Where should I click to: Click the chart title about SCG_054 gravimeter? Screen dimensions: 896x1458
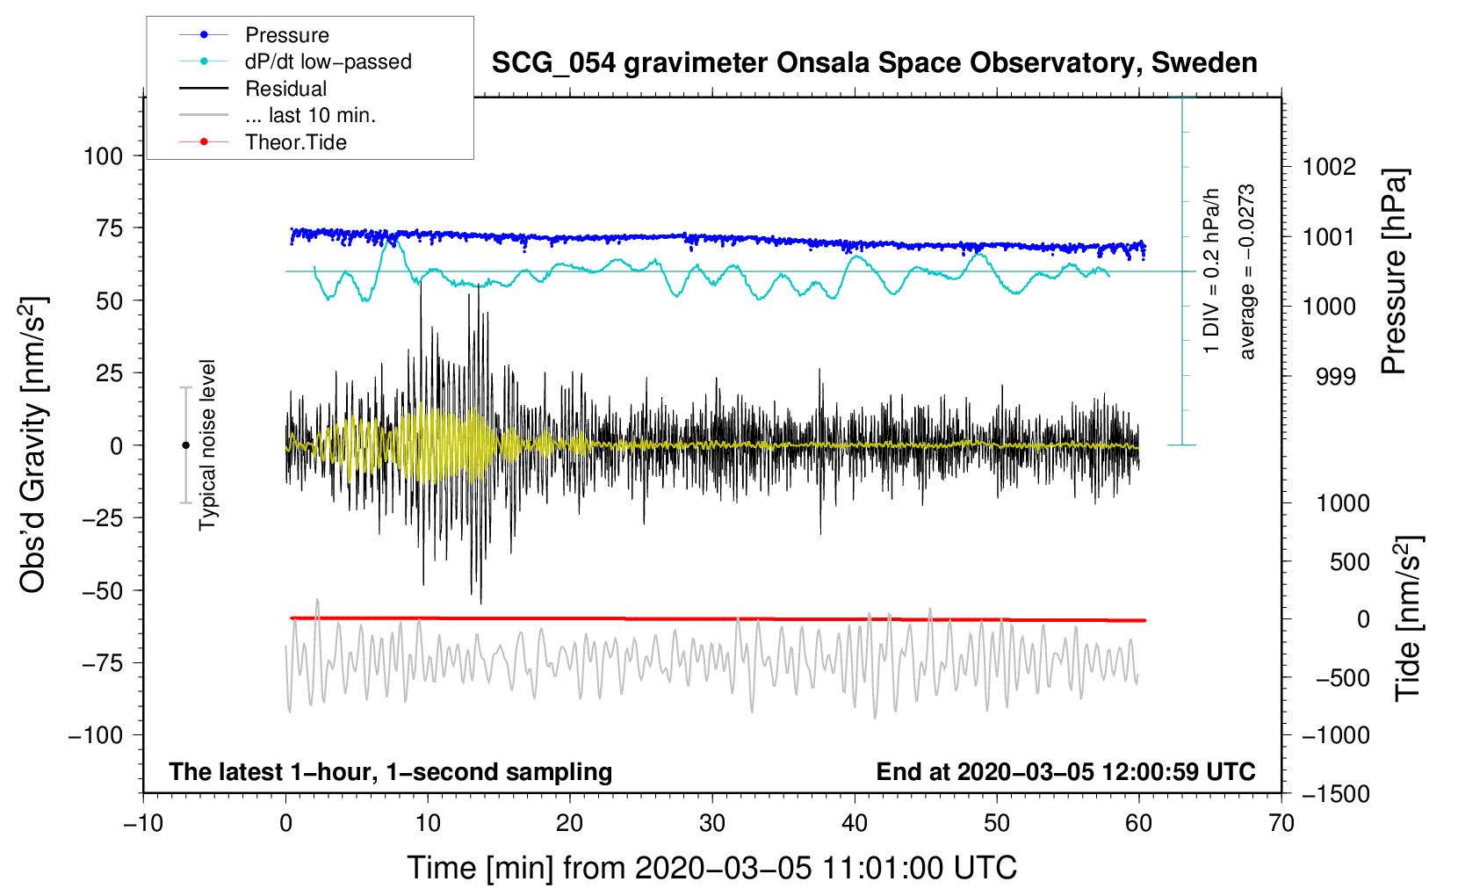click(874, 63)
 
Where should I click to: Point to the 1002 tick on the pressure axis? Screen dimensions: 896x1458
click(1329, 167)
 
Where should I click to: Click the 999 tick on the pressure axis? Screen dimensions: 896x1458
click(1336, 377)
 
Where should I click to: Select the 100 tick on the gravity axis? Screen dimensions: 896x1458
click(103, 156)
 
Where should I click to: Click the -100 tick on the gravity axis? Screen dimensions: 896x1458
click(96, 735)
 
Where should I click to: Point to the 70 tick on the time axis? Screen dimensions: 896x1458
click(1281, 823)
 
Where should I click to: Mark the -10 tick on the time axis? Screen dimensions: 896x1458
click(143, 823)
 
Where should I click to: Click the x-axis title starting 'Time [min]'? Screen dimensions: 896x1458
click(712, 868)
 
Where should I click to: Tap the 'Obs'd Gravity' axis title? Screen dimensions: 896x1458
click(32, 444)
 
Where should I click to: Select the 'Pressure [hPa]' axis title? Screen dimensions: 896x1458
click(1394, 271)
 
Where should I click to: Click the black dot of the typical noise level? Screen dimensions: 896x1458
click(185, 445)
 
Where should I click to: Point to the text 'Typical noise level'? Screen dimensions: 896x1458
click(207, 444)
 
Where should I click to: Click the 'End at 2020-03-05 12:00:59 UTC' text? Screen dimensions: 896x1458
click(1065, 772)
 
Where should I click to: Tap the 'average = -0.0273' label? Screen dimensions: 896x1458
click(1246, 271)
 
